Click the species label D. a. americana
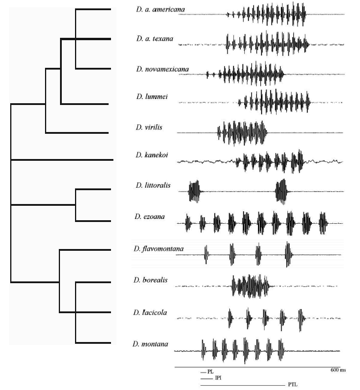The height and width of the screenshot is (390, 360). pyautogui.click(x=160, y=10)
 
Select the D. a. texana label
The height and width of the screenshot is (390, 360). pyautogui.click(x=154, y=39)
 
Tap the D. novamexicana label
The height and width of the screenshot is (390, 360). pyautogui.click(x=162, y=70)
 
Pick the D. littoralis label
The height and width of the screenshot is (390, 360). pyautogui.click(x=153, y=186)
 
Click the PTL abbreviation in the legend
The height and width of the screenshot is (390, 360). pyautogui.click(x=292, y=385)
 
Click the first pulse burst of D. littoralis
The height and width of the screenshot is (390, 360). pyautogui.click(x=194, y=191)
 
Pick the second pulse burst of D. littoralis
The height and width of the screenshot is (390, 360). pyautogui.click(x=281, y=191)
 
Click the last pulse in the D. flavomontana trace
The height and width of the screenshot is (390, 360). pyautogui.click(x=288, y=256)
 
